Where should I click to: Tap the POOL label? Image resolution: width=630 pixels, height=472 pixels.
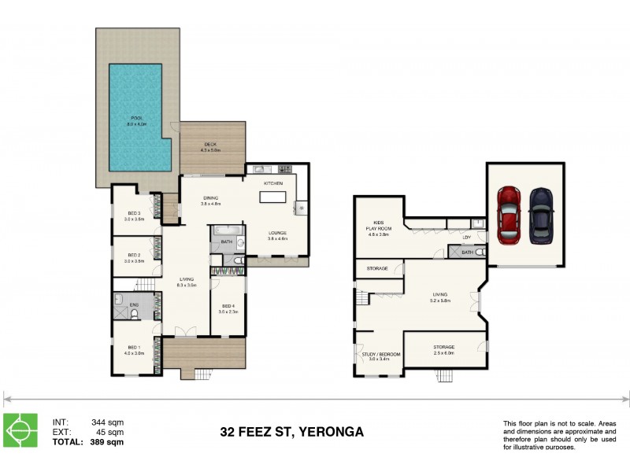137,120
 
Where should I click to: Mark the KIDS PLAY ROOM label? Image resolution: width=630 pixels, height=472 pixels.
379,229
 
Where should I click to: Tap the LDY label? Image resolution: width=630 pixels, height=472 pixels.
466,237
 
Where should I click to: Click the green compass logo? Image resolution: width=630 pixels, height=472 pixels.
20,430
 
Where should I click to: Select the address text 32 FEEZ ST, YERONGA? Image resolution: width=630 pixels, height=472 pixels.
291,432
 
